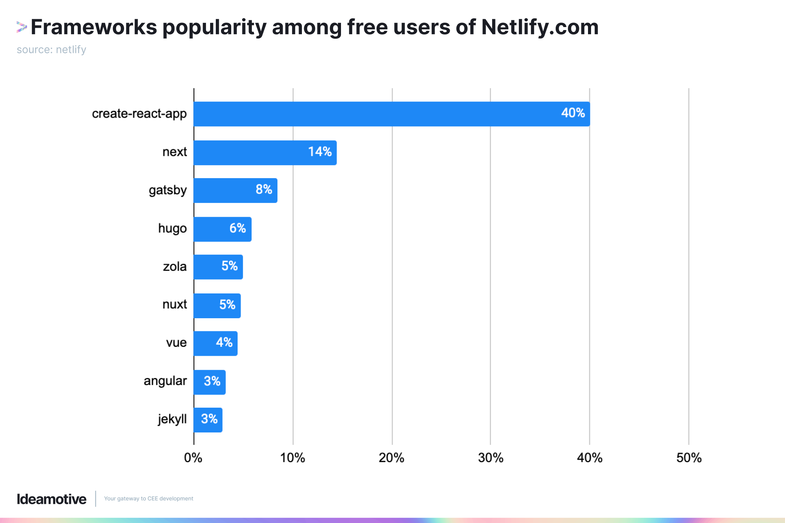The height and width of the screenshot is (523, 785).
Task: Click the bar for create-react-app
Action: (x=391, y=114)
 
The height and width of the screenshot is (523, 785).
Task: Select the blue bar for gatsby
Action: (x=235, y=190)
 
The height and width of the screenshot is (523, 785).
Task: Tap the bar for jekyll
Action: (x=208, y=420)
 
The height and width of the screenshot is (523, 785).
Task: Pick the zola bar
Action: (x=218, y=267)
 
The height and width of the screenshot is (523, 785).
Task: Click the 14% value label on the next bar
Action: (x=320, y=152)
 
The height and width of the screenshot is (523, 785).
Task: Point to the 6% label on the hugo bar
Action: (x=238, y=228)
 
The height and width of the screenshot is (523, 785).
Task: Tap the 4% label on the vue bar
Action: (x=224, y=343)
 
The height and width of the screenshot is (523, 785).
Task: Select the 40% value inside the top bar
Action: (x=573, y=113)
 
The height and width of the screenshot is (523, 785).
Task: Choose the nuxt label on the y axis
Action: (x=174, y=304)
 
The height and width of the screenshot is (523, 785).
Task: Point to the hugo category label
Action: (x=172, y=228)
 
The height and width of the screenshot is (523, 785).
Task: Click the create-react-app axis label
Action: (x=139, y=114)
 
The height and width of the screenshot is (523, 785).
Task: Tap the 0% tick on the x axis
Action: (x=193, y=458)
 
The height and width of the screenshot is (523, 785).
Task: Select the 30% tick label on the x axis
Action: (x=491, y=458)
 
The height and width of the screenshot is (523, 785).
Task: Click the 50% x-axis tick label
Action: (x=689, y=458)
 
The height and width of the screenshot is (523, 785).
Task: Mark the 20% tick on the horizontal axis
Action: (x=391, y=458)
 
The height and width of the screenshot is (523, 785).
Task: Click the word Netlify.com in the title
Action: (x=540, y=27)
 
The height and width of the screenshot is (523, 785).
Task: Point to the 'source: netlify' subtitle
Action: (x=52, y=50)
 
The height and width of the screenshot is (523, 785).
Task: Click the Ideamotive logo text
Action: (x=52, y=499)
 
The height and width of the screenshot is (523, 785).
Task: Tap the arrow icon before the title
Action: (x=21, y=27)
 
